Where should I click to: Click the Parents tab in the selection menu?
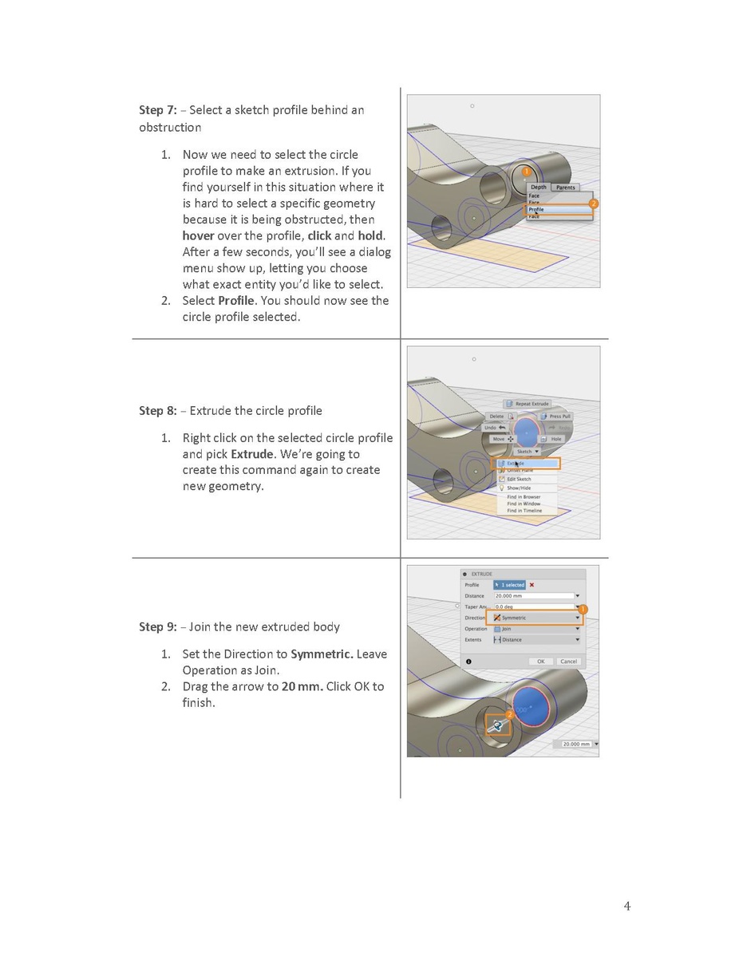[x=565, y=188]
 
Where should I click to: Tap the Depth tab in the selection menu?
[x=539, y=188]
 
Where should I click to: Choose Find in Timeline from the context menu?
[x=524, y=511]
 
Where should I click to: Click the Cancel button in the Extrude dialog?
[x=568, y=662]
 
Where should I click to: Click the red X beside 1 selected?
[x=532, y=585]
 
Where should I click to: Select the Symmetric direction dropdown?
[x=535, y=618]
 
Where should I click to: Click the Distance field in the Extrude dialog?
[x=533, y=596]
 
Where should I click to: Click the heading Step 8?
[x=158, y=411]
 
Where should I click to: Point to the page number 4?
[x=626, y=906]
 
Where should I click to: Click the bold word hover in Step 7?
[x=198, y=235]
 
